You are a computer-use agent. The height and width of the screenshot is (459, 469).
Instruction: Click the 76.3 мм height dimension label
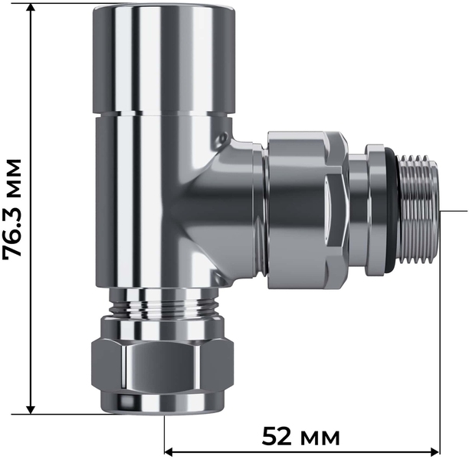tap(12, 208)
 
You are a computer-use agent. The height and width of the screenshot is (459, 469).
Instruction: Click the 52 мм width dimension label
tap(301, 437)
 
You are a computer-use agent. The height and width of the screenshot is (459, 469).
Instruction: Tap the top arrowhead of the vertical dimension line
tap(31, 8)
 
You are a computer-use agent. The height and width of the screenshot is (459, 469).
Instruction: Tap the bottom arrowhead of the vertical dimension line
tap(31, 410)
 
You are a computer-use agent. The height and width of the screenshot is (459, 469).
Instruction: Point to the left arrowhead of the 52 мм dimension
tap(169, 450)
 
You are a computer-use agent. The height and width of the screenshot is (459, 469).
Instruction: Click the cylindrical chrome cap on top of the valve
tap(163, 60)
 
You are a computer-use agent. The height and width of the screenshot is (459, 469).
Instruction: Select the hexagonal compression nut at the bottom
tap(162, 364)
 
